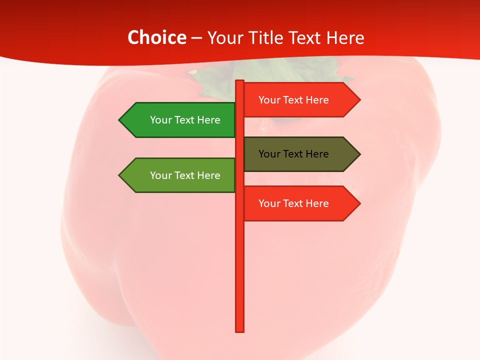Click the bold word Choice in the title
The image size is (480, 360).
pyautogui.click(x=156, y=37)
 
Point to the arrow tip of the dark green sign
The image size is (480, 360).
pyautogui.click(x=120, y=120)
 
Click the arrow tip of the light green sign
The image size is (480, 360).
pyautogui.click(x=120, y=175)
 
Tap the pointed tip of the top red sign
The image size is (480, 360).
pyautogui.click(x=358, y=100)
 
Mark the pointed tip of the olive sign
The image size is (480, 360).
pyautogui.click(x=358, y=154)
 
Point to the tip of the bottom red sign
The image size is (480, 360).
pyautogui.click(x=358, y=203)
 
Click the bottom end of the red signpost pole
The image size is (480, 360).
pyautogui.click(x=240, y=329)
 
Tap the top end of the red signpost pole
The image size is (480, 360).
pyautogui.click(x=240, y=82)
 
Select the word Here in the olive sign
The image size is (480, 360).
pyautogui.click(x=317, y=154)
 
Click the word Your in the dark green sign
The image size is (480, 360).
pyautogui.click(x=160, y=120)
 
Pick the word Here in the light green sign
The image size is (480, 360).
pyautogui.click(x=208, y=175)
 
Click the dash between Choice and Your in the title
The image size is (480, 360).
pyautogui.click(x=196, y=38)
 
